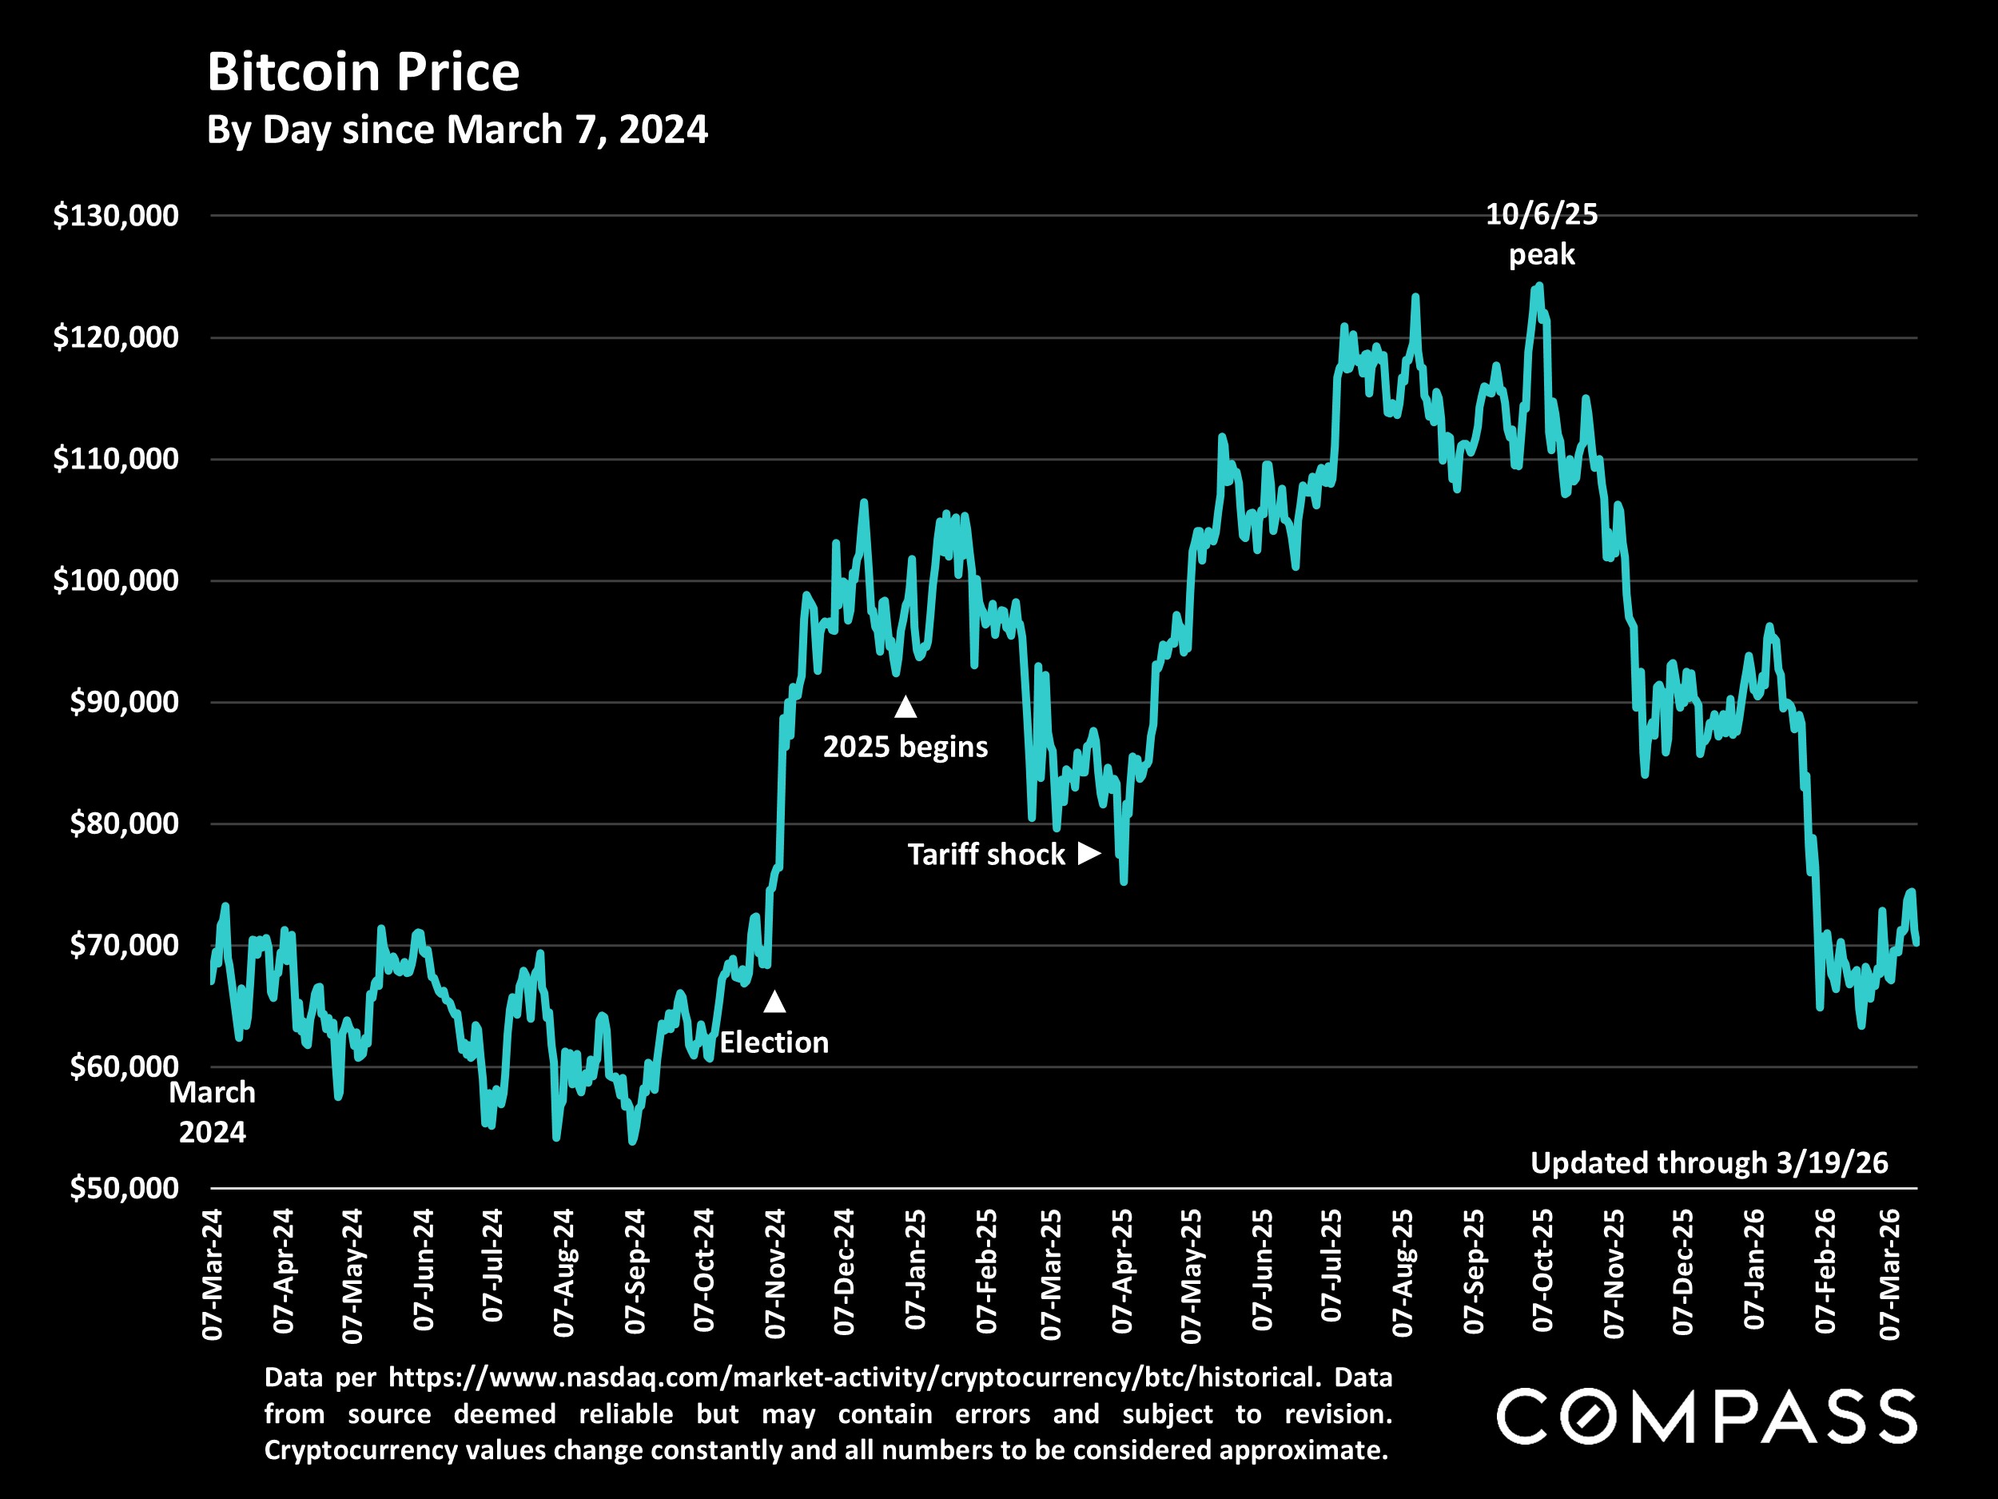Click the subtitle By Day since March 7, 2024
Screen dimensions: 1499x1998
click(457, 130)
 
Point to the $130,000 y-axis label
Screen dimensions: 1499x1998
click(116, 216)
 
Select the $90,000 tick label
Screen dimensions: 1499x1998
click(124, 702)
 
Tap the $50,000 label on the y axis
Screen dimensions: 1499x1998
click(124, 1188)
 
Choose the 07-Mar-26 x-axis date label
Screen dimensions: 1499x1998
click(1889, 1274)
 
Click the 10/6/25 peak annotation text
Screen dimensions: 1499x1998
click(1542, 234)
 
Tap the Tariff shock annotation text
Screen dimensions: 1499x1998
click(986, 855)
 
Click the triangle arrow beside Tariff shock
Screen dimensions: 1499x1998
click(1089, 853)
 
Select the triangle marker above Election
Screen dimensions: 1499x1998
click(775, 1001)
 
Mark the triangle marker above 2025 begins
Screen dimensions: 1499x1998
click(906, 708)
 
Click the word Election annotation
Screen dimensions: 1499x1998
click(774, 1043)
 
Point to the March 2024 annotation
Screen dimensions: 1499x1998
click(213, 1112)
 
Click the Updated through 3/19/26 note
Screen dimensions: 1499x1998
click(1709, 1163)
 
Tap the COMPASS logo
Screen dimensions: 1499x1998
click(1706, 1417)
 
